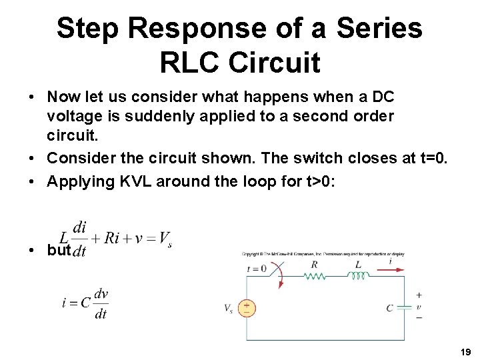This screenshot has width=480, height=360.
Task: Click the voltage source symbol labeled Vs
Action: point(247,308)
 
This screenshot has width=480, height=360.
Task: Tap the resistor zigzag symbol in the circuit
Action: point(315,275)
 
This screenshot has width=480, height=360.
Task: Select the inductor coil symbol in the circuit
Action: point(358,275)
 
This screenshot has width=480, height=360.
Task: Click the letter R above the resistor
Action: point(315,264)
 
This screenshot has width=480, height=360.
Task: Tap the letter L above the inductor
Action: point(358,264)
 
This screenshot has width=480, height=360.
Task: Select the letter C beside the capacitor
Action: point(389,308)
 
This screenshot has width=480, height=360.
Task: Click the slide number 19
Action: point(465,351)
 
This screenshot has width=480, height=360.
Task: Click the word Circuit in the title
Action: point(273,62)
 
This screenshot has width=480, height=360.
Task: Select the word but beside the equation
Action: point(59,250)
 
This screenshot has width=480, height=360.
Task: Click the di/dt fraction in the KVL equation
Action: point(79,237)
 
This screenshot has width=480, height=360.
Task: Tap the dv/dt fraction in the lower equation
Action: point(101,303)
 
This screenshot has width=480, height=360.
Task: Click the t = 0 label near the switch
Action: point(256,269)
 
